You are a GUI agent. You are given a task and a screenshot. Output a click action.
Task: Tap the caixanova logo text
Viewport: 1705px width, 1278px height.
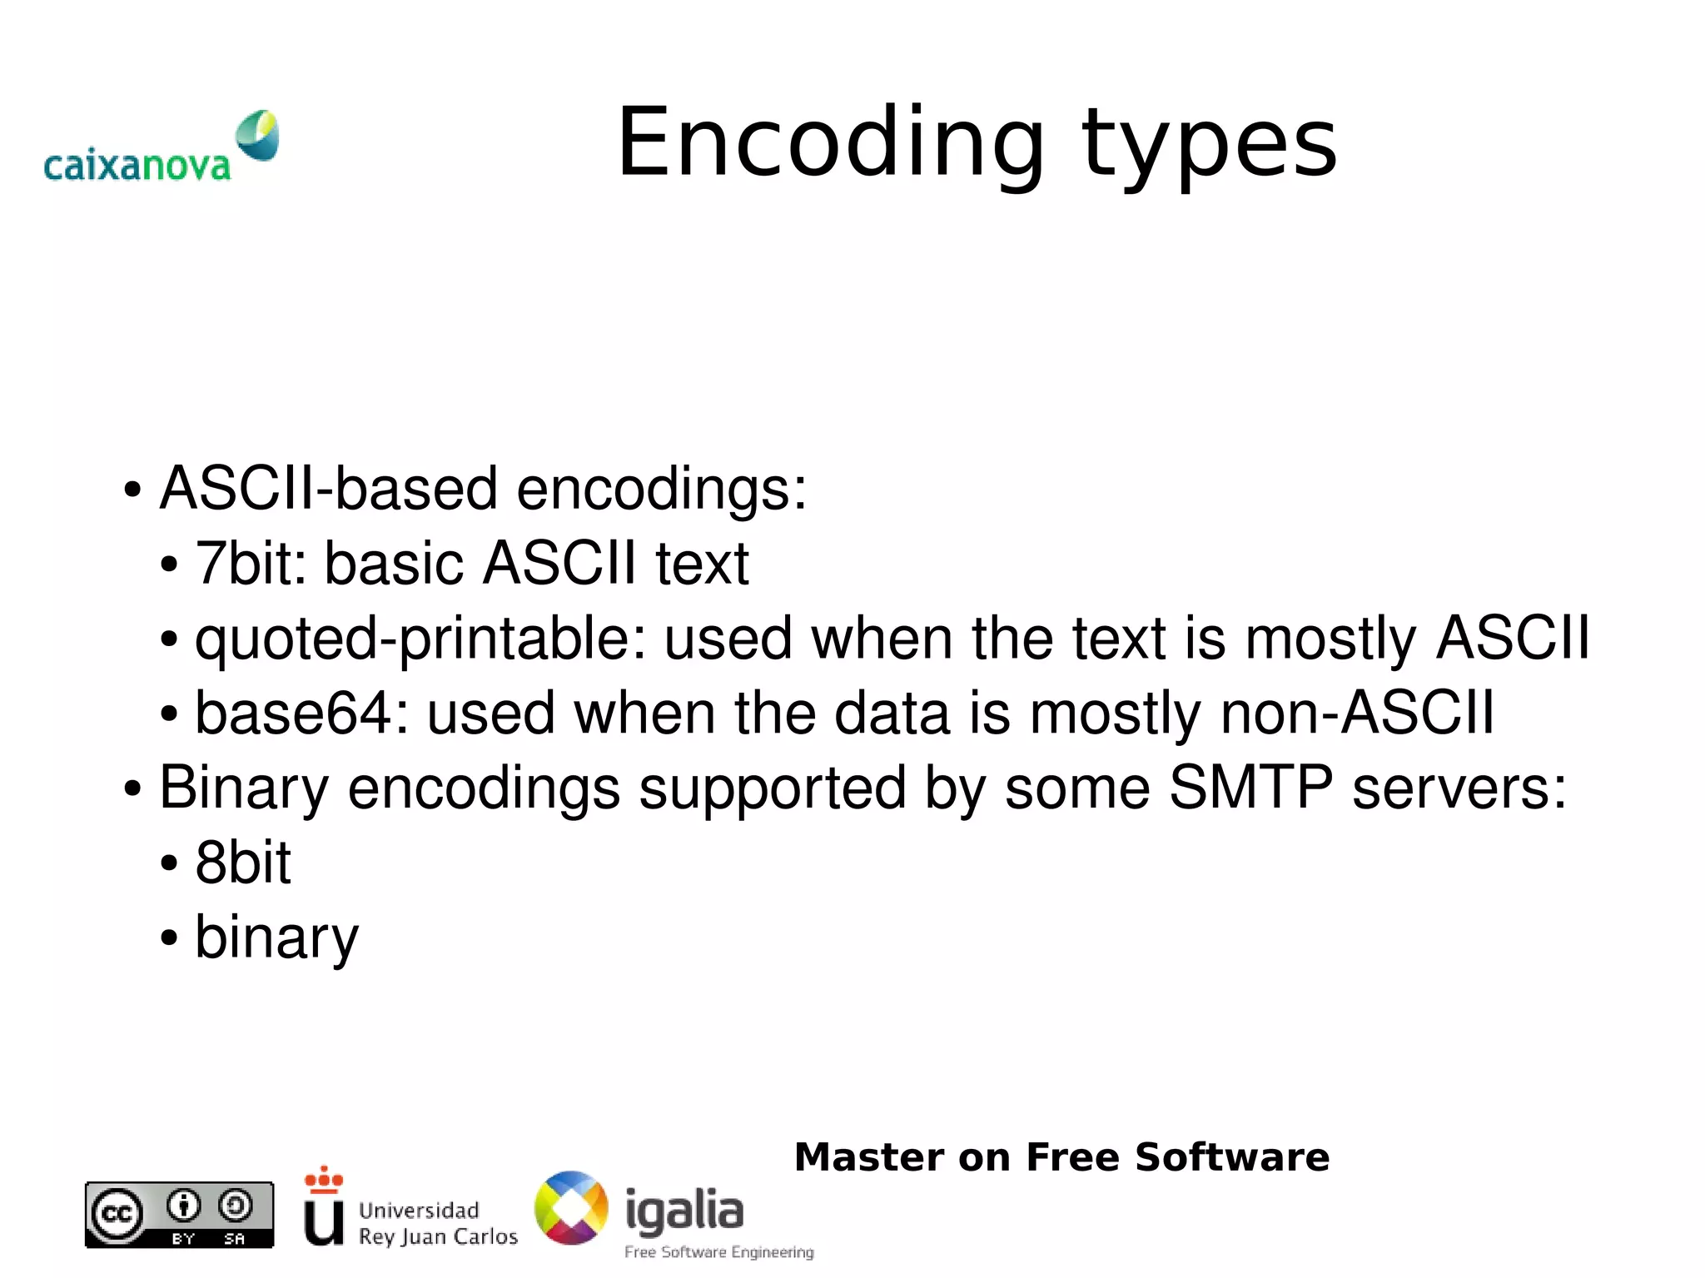[137, 166]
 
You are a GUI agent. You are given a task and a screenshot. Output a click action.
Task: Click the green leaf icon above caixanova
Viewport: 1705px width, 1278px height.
[257, 134]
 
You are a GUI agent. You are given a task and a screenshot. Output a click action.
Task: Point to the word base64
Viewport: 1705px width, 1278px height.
[301, 713]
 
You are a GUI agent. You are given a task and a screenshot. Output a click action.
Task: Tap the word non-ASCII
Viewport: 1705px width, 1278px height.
[1357, 713]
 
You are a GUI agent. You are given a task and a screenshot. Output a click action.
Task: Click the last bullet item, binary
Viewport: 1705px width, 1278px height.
[276, 937]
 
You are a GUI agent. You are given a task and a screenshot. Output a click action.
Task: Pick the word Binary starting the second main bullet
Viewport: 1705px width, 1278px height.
[244, 788]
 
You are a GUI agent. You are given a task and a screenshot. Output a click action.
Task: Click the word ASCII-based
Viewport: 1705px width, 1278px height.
[329, 488]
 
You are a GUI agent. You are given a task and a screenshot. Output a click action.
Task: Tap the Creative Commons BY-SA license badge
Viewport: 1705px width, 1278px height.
[179, 1215]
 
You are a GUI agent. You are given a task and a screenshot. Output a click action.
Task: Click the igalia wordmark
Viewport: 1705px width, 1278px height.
[683, 1210]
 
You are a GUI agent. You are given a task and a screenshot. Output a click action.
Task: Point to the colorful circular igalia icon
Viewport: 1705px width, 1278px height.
[571, 1208]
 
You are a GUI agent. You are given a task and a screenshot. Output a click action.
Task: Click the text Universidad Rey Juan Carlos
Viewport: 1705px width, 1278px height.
[437, 1223]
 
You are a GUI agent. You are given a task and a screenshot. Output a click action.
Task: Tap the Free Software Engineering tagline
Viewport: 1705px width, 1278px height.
[718, 1252]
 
